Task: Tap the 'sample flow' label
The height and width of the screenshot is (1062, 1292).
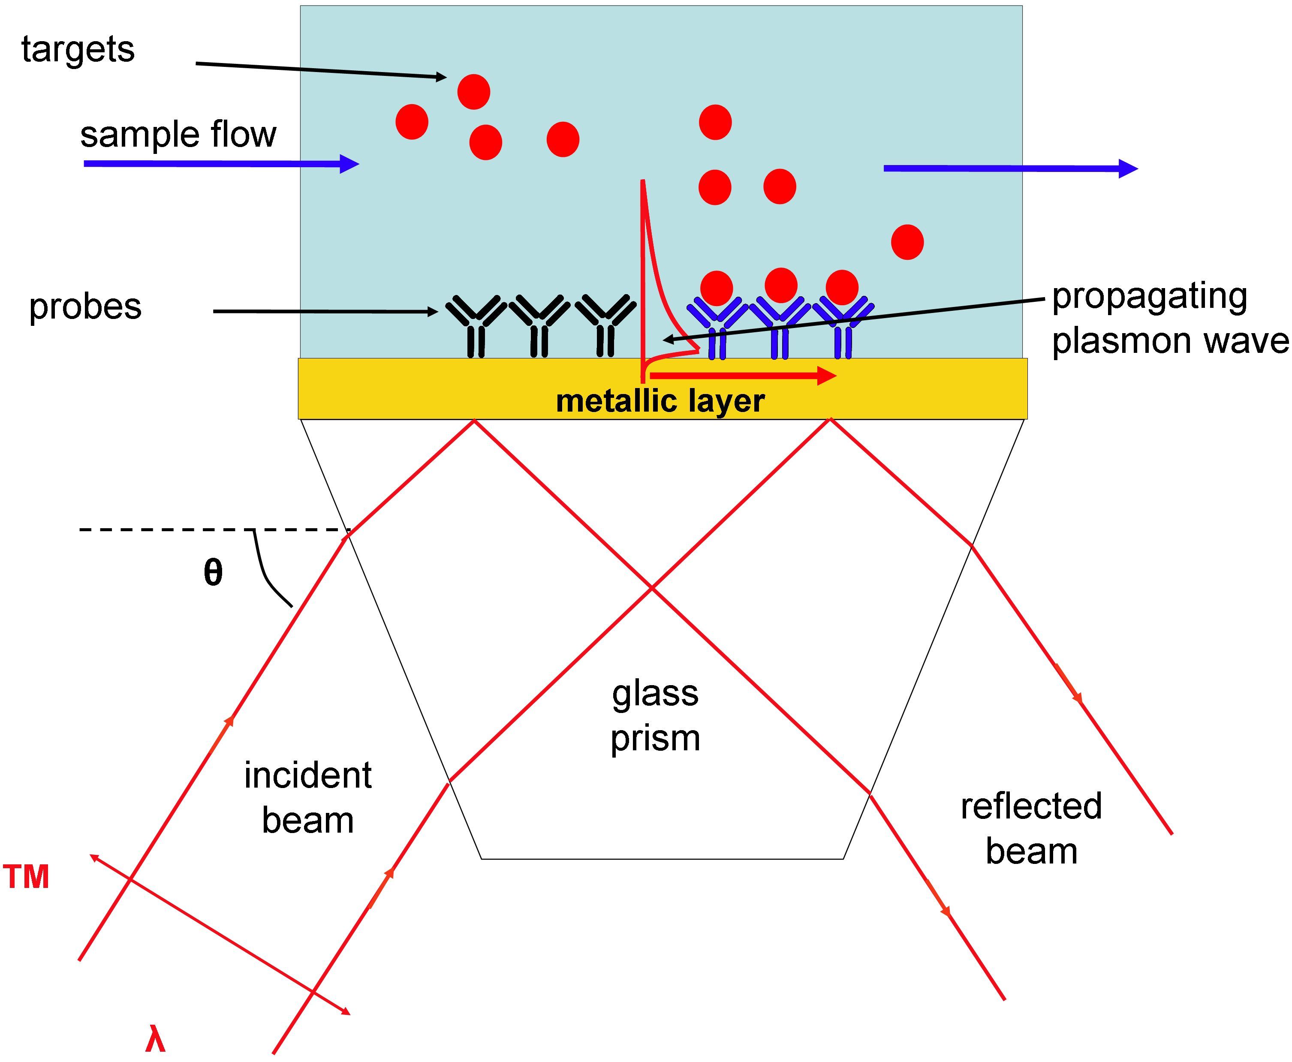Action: [178, 135]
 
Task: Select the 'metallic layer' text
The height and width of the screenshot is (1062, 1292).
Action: [660, 401]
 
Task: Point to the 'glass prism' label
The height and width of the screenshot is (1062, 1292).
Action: [655, 715]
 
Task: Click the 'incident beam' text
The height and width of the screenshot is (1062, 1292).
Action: [308, 797]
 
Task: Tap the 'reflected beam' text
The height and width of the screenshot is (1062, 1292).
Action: [1031, 828]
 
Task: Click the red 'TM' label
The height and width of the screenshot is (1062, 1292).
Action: [26, 877]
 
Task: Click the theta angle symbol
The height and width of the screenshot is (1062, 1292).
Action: [213, 573]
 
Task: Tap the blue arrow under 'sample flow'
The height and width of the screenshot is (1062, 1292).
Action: [220, 163]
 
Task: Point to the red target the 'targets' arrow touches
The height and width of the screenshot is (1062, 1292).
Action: [473, 92]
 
